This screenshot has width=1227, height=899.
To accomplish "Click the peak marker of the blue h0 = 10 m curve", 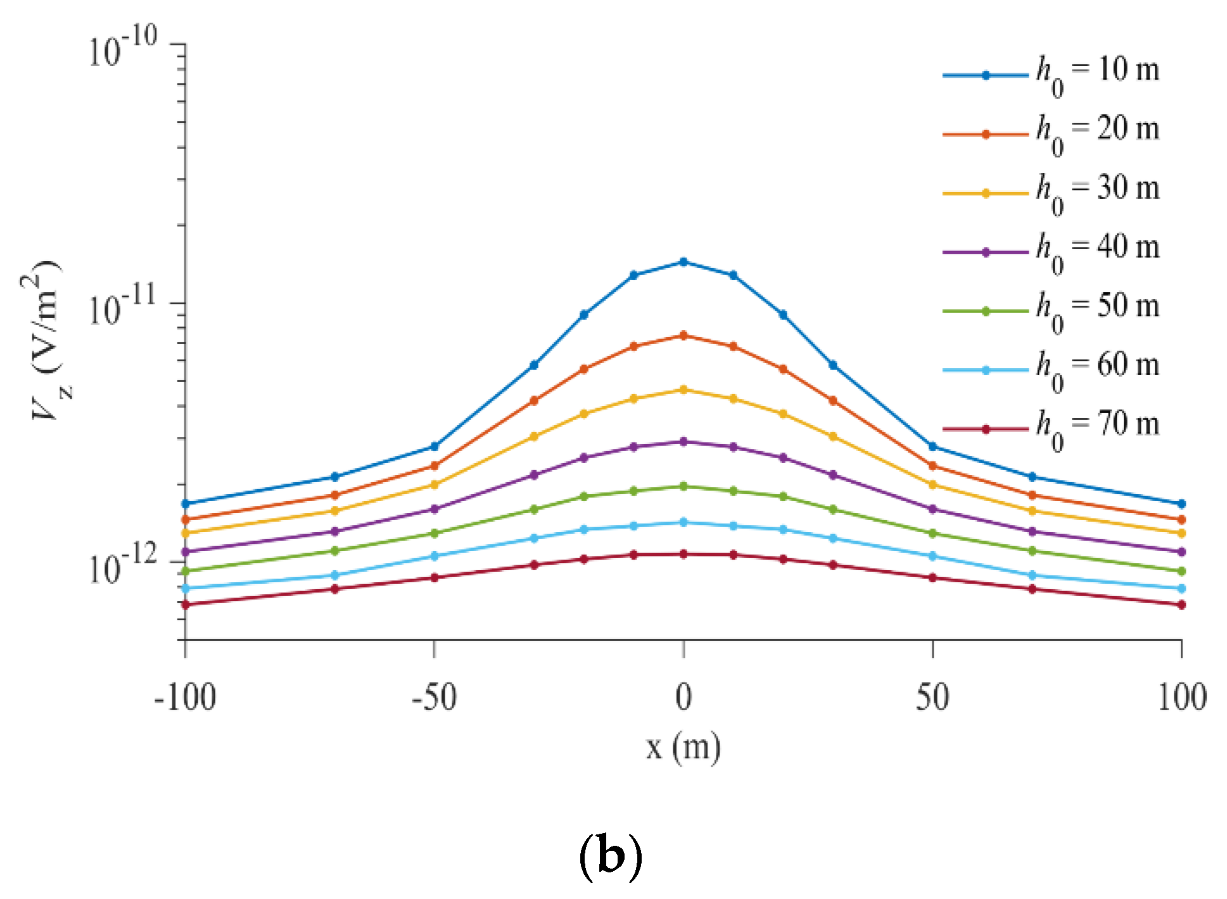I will pos(683,262).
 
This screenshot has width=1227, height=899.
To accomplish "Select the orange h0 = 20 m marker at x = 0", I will pos(683,335).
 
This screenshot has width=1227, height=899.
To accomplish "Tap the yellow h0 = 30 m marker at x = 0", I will pos(683,390).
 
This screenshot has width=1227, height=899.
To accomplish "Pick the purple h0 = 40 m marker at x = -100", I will pos(186,552).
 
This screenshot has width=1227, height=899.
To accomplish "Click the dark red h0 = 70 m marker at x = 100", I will pos(1181,605).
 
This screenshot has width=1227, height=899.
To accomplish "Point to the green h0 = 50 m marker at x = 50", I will pos(932,533).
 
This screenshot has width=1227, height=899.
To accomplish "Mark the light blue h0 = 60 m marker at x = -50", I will pos(434,556).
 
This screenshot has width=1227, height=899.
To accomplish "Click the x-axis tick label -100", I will pos(186,698).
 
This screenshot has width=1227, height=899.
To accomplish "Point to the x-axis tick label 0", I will pos(683,698).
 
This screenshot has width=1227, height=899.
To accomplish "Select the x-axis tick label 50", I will pos(932,698).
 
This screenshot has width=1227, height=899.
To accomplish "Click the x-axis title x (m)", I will pos(683,748).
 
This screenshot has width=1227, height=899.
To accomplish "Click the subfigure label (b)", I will pos(611,857).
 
